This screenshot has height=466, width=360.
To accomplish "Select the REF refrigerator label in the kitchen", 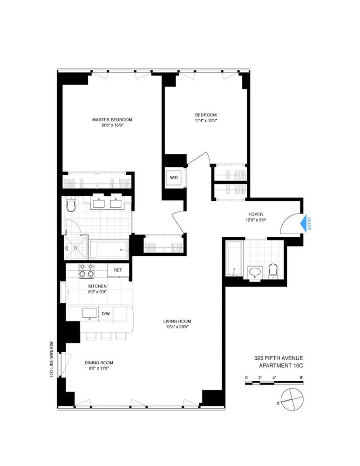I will point(118,270).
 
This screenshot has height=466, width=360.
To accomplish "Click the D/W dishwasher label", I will point(106,314).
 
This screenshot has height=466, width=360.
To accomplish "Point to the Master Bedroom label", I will point(112,120).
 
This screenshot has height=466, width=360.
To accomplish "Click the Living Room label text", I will point(177,321).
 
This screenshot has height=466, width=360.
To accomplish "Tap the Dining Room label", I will point(99,363).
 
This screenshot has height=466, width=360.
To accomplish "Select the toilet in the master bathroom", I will point(71,206).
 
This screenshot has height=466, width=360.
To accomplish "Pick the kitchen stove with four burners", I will point(87,271).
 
